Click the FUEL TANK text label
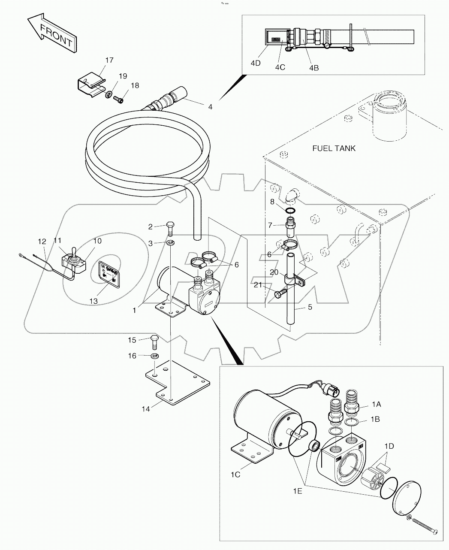point(334,148)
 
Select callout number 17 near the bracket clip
point(109,60)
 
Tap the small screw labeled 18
point(119,100)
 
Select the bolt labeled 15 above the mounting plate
point(154,341)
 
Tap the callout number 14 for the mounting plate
point(146,409)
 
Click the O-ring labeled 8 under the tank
point(290,211)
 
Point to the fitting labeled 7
point(291,226)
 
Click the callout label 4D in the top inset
point(256,63)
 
